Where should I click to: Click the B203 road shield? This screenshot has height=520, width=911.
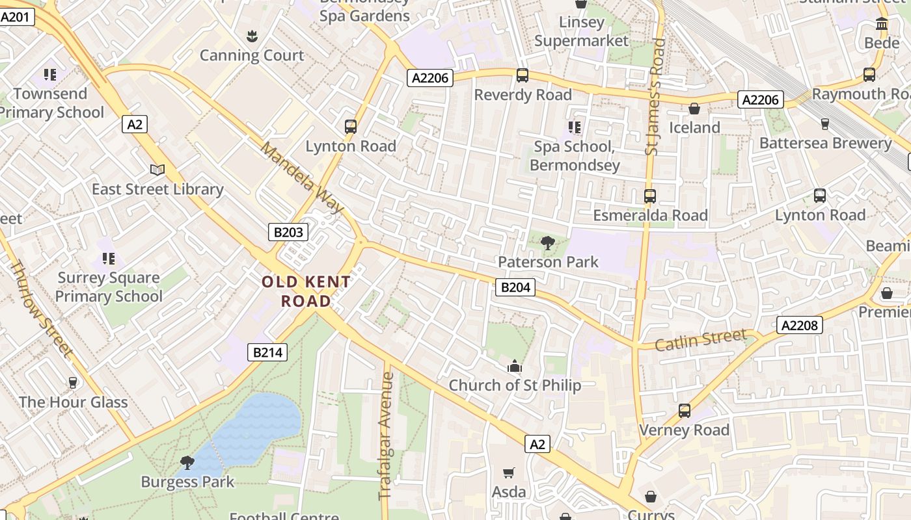click(288, 232)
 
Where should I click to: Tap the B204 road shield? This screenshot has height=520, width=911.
click(515, 287)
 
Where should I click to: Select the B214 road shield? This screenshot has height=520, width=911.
click(267, 352)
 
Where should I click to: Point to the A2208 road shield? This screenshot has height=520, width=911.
click(800, 325)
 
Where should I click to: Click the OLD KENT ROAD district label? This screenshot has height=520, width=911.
click(306, 291)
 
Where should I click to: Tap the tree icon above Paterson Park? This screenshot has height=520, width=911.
click(548, 244)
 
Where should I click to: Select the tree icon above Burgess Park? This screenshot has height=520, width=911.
click(187, 463)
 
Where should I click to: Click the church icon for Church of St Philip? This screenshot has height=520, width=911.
click(515, 367)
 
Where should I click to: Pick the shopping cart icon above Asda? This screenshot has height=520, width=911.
click(509, 473)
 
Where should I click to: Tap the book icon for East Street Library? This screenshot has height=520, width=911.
click(157, 170)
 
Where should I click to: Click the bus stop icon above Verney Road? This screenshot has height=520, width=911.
click(685, 411)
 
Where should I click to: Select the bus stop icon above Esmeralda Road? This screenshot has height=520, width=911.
click(649, 196)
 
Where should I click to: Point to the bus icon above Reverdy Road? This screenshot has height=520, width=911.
click(523, 75)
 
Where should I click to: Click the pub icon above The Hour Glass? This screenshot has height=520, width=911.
click(73, 383)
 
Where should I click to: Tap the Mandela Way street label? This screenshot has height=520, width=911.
click(302, 177)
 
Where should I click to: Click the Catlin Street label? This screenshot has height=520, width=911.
click(700, 339)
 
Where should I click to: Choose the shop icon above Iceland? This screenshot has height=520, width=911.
click(694, 109)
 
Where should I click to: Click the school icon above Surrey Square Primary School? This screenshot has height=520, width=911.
click(109, 259)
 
